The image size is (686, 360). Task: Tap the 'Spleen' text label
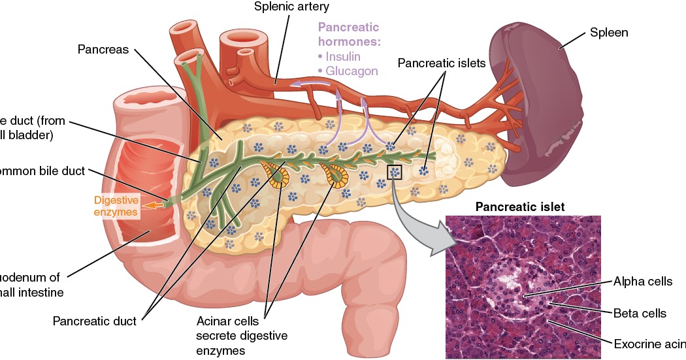pos(609,32)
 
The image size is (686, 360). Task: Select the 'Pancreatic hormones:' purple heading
pos(348,34)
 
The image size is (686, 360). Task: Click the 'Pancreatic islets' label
pos(442,63)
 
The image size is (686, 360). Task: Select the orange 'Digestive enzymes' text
pos(116,206)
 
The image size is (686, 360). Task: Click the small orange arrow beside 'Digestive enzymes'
pos(152,205)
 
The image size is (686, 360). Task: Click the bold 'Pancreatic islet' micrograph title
pos(519,206)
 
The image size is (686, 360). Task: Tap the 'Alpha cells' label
pos(642,282)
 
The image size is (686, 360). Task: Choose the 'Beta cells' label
pos(640,313)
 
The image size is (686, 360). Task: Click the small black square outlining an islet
pos(395,172)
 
